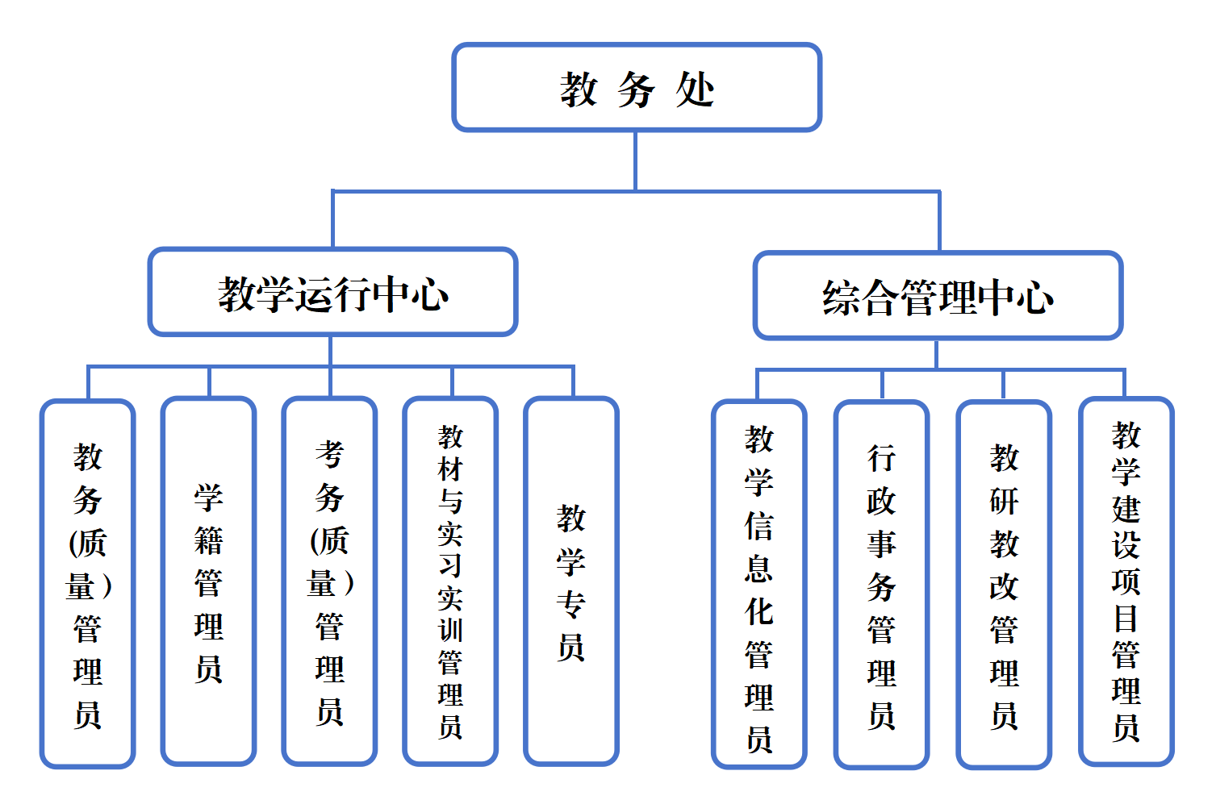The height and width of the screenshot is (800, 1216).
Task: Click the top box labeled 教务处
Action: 637,87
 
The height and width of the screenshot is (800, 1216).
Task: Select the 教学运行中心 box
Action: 332,292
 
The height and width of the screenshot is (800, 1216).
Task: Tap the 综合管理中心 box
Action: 938,296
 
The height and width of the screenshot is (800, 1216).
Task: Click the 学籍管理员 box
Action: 208,581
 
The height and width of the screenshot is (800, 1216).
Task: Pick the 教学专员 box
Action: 570,581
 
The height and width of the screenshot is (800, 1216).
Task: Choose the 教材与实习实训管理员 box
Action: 450,581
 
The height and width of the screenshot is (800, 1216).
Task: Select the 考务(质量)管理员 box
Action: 329,581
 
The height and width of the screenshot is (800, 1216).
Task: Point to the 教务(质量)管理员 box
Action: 87,582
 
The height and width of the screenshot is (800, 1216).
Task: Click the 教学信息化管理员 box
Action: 758,584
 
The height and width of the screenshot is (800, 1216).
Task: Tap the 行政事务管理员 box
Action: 881,584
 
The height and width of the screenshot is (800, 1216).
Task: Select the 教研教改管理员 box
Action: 1004,584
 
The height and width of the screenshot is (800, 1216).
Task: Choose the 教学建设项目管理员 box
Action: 1126,581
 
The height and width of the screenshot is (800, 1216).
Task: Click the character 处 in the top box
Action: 695,89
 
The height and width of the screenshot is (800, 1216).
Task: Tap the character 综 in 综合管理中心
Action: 841,298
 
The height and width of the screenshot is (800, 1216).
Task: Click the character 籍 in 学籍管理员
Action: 208,540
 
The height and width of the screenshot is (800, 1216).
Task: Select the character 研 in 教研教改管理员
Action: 1004,502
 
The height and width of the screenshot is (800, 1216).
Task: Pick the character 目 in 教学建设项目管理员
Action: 1126,619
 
